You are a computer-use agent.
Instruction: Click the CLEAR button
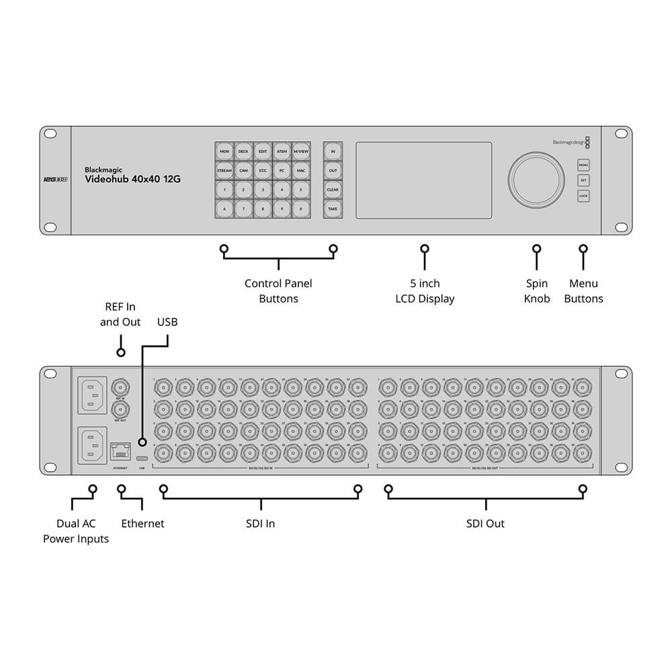[x=333, y=190]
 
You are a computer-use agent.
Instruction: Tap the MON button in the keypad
[x=224, y=152]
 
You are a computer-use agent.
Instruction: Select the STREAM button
[x=224, y=171]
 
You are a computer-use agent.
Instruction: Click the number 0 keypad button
[x=300, y=209]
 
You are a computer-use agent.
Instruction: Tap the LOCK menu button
[x=583, y=196]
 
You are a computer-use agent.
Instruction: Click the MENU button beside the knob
[x=583, y=165]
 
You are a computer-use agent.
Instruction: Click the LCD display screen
[x=423, y=179]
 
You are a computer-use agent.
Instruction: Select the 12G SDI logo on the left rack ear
[x=55, y=179]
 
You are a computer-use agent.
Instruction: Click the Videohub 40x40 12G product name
[x=132, y=179]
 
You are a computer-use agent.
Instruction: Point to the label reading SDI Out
[x=485, y=523]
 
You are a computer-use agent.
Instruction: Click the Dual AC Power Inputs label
[x=76, y=531]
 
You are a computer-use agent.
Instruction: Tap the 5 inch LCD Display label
[x=424, y=291]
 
